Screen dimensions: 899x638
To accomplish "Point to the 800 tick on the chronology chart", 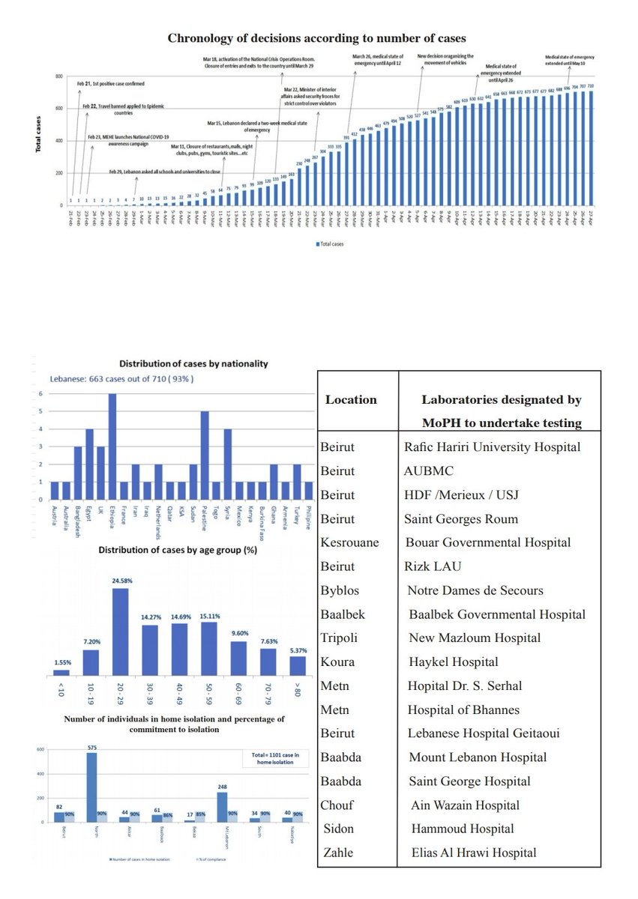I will point(58,77).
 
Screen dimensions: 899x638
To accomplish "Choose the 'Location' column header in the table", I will point(351,400).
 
